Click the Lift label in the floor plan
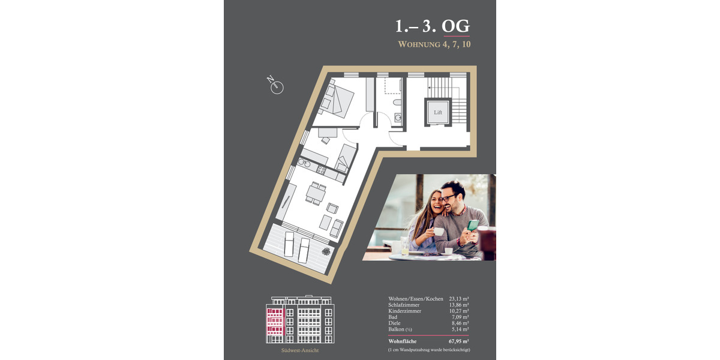point(437,112)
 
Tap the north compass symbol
point(276,87)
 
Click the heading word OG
point(455,26)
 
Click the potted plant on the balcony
point(326,251)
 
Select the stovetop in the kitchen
point(321,170)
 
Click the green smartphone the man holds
point(473,225)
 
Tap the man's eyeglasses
point(447,197)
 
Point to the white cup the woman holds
point(439,232)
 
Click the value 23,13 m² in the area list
point(458,299)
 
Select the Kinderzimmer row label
point(404,311)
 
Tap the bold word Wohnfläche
point(402,341)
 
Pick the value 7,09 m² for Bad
point(460,317)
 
